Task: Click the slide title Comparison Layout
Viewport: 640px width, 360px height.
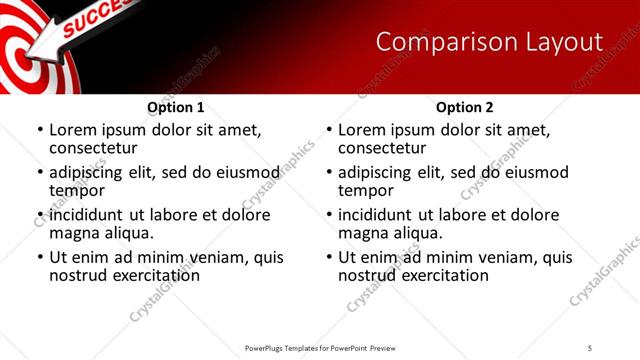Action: point(489,42)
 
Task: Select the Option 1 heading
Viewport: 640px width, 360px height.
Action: point(175,107)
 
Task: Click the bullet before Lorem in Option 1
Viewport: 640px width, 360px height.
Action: point(39,130)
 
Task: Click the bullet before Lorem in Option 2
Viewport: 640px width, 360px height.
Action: point(328,130)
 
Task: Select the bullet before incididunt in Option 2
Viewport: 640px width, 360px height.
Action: point(328,215)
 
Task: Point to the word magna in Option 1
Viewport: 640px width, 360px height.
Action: point(75,233)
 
